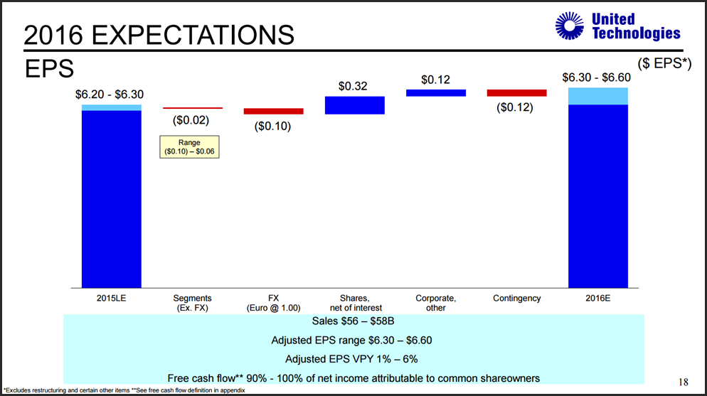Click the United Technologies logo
(x=617, y=26)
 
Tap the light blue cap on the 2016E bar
(x=597, y=96)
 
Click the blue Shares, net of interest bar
(x=354, y=105)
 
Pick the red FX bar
(x=273, y=111)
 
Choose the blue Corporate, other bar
(x=435, y=92)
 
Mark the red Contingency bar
(x=516, y=92)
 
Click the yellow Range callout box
(x=189, y=147)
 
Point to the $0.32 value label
(x=353, y=86)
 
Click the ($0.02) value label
(x=192, y=120)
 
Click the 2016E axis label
(x=597, y=299)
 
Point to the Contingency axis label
(x=516, y=299)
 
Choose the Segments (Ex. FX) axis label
(x=192, y=303)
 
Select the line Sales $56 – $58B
(x=353, y=321)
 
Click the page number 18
(x=683, y=382)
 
